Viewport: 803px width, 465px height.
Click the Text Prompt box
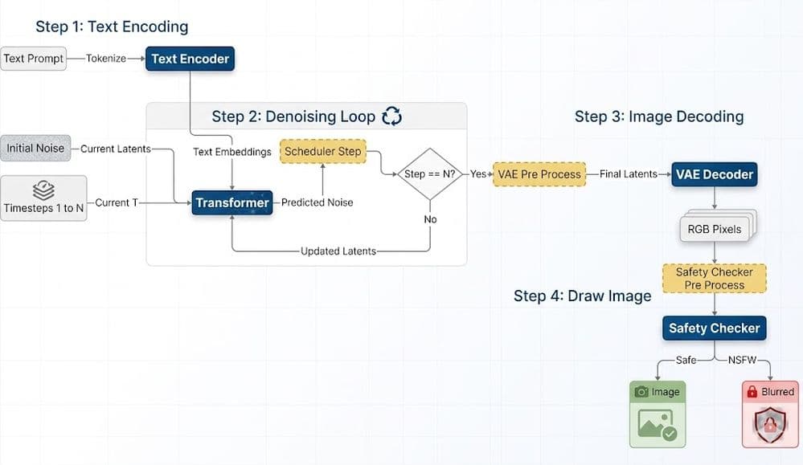click(x=33, y=59)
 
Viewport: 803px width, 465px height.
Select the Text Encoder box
click(x=190, y=59)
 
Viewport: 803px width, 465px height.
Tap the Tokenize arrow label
click(x=106, y=59)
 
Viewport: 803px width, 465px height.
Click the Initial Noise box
click(x=35, y=149)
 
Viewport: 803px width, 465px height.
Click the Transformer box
click(x=232, y=203)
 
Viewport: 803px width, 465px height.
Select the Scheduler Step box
click(x=322, y=151)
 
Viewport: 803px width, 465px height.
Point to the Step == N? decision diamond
click(x=431, y=174)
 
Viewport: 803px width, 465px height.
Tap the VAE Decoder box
click(x=715, y=174)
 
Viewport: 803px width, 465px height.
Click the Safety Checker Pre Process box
click(x=715, y=278)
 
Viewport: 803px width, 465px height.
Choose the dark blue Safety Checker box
click(x=715, y=328)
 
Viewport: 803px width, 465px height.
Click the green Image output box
click(x=658, y=414)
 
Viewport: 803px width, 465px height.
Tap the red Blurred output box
click(x=770, y=414)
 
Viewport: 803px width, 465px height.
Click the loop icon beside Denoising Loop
click(x=392, y=116)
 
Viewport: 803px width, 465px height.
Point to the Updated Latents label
click(x=338, y=251)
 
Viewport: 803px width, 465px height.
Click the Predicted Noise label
click(x=317, y=203)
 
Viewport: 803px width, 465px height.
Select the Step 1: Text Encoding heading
click(x=112, y=27)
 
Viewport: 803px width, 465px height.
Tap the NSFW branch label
click(x=742, y=360)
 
